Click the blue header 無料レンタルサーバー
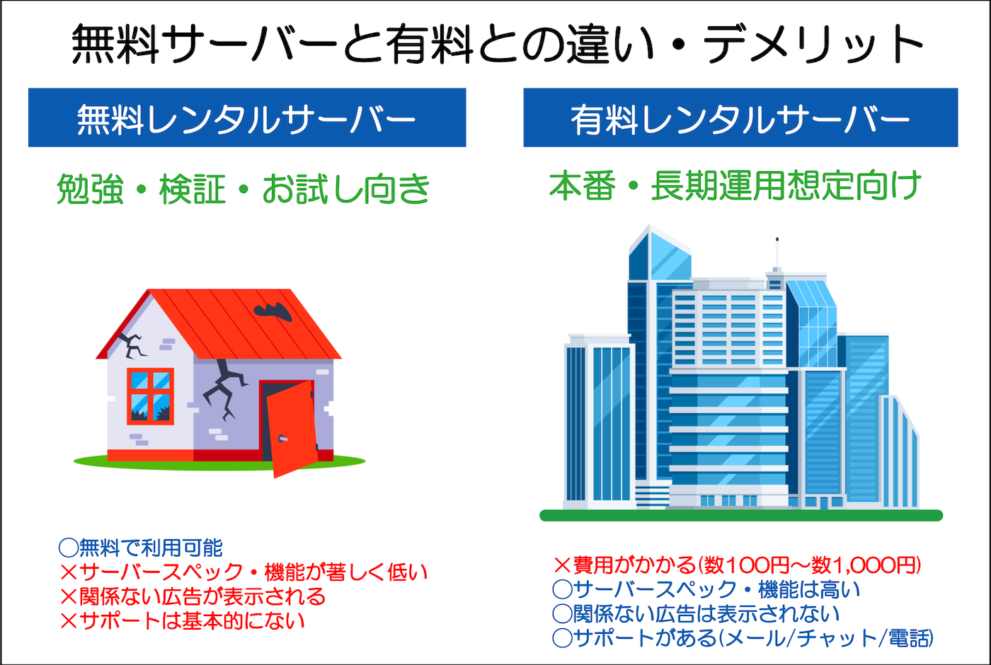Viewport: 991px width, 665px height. coord(246,118)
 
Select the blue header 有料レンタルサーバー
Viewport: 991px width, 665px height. coord(740,118)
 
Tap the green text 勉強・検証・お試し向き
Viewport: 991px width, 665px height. coord(244,189)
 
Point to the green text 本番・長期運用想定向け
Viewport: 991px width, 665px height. coord(735,186)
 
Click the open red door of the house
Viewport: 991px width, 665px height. coord(290,429)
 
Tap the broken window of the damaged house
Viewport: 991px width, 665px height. coord(150,396)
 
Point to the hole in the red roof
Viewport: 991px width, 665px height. coord(273,311)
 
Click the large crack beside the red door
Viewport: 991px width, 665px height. coord(225,388)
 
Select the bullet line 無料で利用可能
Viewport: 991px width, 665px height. coord(141,548)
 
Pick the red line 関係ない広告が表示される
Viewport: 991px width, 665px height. coord(193,596)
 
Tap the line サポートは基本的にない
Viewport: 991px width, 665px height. coord(183,620)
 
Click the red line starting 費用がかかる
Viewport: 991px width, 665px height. coord(737,565)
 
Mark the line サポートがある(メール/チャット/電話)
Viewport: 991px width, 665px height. coord(743,638)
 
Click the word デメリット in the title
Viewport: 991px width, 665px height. coord(813,44)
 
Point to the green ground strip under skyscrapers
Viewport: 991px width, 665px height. coord(740,516)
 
